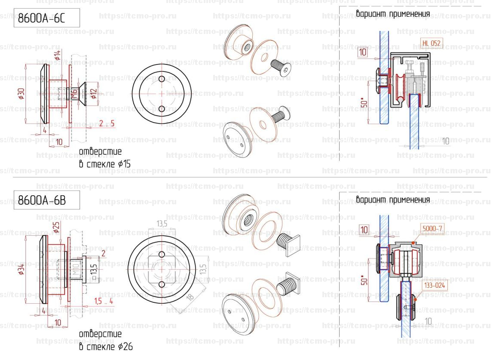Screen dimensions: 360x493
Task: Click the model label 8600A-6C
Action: click(41, 19)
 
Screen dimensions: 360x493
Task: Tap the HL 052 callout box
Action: click(432, 43)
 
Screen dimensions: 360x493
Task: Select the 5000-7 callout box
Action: click(432, 229)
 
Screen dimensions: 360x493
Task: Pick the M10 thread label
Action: click(75, 271)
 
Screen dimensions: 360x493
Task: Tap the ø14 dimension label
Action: click(57, 55)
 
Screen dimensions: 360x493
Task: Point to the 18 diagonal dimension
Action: click(190, 296)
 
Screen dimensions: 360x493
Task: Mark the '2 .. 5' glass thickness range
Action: click(107, 124)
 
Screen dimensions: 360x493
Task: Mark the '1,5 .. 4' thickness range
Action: click(104, 301)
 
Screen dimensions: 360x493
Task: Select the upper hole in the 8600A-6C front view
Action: click(162, 79)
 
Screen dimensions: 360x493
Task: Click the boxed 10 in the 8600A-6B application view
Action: click(364, 230)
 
